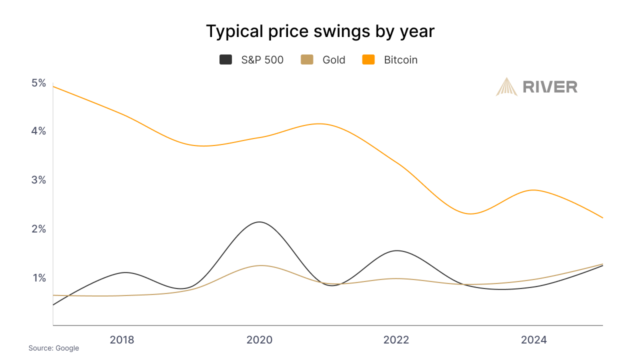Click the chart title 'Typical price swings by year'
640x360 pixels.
coord(320,31)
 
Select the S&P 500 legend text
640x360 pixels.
coord(262,60)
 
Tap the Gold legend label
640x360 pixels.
coord(333,60)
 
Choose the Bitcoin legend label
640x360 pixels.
coord(400,60)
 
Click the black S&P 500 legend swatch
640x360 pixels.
coord(226,60)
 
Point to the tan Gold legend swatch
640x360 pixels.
coord(306,60)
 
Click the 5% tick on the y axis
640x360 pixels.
coord(38,83)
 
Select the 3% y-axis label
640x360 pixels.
coord(38,180)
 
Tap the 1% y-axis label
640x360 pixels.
coord(39,278)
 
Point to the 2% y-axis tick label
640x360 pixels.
coord(38,229)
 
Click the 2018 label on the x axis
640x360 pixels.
coord(122,340)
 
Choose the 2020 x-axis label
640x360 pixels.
coord(259,340)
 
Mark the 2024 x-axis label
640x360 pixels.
coord(534,340)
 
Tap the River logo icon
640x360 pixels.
coord(506,86)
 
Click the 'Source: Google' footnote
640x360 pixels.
coord(53,348)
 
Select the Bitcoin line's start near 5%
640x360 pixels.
coord(53,86)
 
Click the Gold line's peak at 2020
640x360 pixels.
coord(260,265)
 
